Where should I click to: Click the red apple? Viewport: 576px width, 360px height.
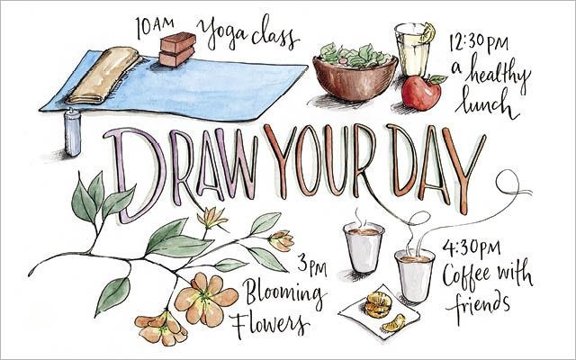(421, 93)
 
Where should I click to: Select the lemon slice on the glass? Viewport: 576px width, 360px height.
(428, 32)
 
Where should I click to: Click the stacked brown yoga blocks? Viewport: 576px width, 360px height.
(177, 49)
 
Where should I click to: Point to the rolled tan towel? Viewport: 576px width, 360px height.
(104, 75)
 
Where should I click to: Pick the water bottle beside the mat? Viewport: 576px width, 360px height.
(73, 132)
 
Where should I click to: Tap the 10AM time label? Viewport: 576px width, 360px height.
(155, 27)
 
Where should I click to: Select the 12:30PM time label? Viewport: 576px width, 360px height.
(479, 43)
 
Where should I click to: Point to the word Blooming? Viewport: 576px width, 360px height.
(283, 294)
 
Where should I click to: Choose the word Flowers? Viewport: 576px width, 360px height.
(271, 325)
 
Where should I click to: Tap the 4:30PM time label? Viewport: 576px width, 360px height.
(472, 249)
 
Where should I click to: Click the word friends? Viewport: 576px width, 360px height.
(478, 304)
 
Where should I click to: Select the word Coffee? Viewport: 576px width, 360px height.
(466, 274)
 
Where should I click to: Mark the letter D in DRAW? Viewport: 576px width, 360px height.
(135, 175)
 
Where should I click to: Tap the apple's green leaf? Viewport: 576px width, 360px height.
(438, 78)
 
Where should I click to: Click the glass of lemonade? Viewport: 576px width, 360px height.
(412, 49)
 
